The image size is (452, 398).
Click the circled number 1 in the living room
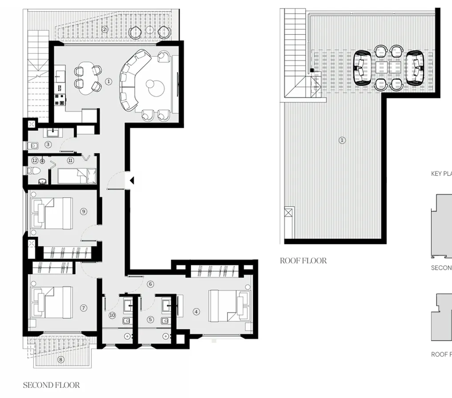point(109,81)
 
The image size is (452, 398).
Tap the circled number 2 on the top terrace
point(105,29)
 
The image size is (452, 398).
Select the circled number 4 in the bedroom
point(196,312)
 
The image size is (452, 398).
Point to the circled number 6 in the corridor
point(150,284)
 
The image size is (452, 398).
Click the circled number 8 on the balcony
point(61,359)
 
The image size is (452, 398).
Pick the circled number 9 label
point(83,211)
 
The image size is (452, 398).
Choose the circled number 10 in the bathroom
point(112,315)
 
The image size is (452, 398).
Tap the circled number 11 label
point(70,160)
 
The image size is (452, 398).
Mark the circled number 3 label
point(48,144)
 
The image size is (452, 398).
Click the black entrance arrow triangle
point(131,180)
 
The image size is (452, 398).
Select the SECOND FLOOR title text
point(51,385)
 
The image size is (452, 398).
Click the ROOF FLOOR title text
point(303,260)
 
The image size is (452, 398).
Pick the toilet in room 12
point(33,171)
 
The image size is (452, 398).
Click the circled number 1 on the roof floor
point(342,140)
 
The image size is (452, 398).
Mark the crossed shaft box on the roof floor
point(289,212)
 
